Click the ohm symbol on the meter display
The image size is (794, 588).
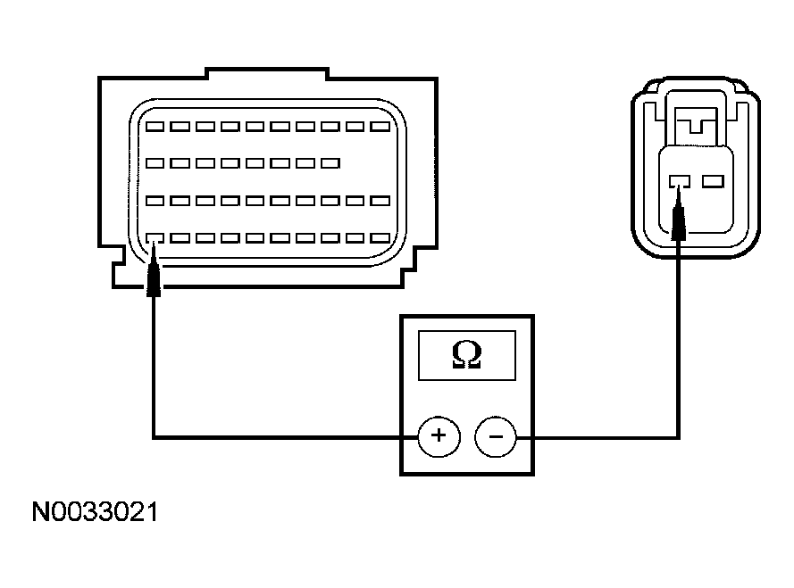click(466, 354)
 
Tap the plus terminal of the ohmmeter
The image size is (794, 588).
click(439, 436)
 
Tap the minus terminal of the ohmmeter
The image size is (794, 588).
click(496, 436)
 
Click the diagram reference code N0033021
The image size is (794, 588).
click(95, 512)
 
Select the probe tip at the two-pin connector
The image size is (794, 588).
click(679, 189)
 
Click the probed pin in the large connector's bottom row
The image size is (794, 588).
click(155, 238)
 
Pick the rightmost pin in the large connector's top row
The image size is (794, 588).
click(380, 127)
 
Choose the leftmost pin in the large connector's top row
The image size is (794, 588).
click(155, 127)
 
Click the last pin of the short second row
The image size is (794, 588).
click(330, 163)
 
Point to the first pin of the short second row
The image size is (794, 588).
click(155, 163)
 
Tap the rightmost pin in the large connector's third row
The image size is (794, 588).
click(380, 201)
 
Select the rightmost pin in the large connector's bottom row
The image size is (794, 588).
click(380, 238)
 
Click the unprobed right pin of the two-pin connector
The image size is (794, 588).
click(714, 182)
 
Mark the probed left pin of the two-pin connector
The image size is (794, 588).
click(680, 182)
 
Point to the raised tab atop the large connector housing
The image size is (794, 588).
click(267, 73)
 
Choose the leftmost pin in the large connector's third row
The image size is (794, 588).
click(155, 201)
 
